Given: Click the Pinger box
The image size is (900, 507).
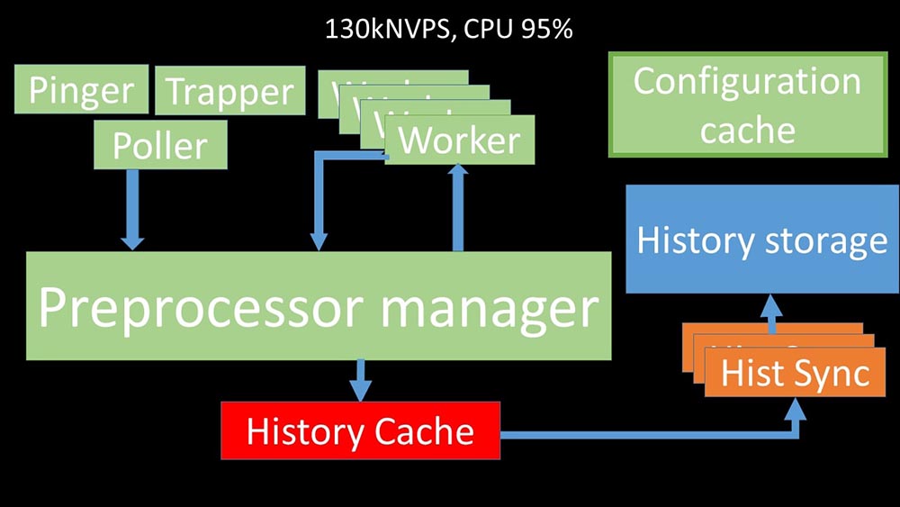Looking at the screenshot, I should coord(81,90).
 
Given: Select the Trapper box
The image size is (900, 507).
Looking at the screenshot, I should coord(229,92).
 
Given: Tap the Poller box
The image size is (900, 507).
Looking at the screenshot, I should coord(159,145).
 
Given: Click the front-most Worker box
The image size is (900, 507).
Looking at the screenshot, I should coord(459,140).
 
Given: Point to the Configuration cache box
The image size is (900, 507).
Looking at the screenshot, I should coord(747,104).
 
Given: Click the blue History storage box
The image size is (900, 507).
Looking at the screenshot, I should coord(761,240).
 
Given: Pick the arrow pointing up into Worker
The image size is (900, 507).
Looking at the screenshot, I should coord(458,207).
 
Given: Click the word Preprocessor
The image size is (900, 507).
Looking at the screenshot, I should coord(202,308).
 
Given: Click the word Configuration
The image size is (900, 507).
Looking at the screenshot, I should coord(747,81).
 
